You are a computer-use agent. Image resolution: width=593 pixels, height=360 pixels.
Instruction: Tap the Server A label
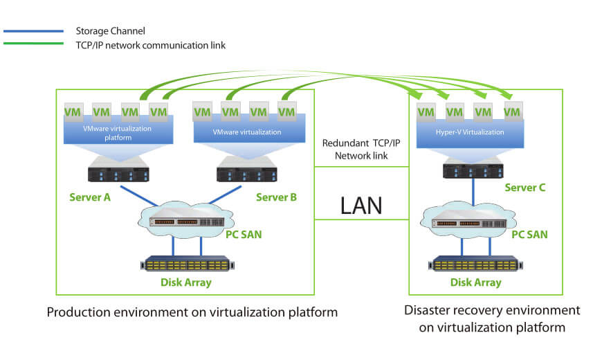90,197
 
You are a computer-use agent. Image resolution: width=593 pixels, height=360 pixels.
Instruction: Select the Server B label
276,197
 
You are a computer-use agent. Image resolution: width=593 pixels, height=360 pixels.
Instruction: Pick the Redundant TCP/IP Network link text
361,150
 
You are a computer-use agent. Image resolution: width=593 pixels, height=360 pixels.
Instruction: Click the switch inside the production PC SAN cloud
186,222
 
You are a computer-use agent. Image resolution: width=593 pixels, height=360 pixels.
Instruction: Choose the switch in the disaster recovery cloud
473,223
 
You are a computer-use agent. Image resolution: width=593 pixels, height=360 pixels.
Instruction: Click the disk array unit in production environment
186,264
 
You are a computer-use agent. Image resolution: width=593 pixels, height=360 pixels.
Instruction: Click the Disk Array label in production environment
186,282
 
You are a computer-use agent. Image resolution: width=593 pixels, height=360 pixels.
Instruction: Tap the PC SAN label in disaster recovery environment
529,235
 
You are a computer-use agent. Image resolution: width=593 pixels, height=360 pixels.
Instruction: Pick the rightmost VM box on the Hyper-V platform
512,111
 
